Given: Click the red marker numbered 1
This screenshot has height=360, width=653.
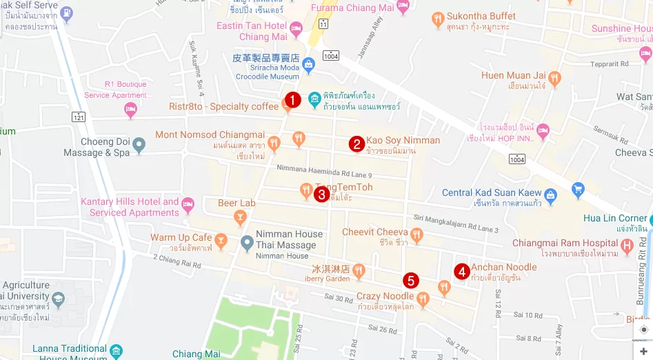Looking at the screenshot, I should coord(292,101).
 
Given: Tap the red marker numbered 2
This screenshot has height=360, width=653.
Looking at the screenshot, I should coord(356,143).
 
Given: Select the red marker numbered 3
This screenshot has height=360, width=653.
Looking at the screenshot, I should coord(321,194).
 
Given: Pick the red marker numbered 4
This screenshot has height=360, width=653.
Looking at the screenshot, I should coord(462,271).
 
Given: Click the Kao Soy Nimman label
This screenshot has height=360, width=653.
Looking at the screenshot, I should coord(403,140).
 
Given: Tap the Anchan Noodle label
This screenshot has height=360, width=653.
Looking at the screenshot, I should coord(504,268).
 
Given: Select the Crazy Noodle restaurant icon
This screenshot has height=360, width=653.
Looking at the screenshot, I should coord(423,298).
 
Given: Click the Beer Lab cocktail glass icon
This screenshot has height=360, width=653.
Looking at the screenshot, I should coord(240,218).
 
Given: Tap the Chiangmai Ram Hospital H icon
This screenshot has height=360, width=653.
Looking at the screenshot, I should coord(627,245).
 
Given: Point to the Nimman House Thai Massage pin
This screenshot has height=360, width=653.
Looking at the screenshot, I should coord(247,243).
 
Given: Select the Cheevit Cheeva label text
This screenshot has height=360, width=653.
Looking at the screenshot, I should coord(375,232).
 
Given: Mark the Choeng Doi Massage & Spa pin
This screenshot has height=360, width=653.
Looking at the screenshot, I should coord(140,146).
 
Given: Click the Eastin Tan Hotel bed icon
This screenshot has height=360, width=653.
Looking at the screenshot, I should coord(297,30).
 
